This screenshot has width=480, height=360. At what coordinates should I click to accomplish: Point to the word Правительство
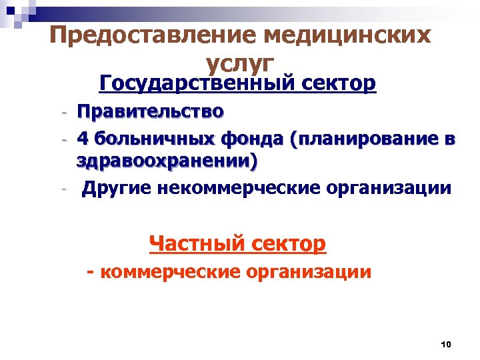150,111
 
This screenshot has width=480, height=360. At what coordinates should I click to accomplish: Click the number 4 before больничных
82,138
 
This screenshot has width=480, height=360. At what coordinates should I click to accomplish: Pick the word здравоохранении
167,162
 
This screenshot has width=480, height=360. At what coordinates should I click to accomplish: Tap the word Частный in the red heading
198,243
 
